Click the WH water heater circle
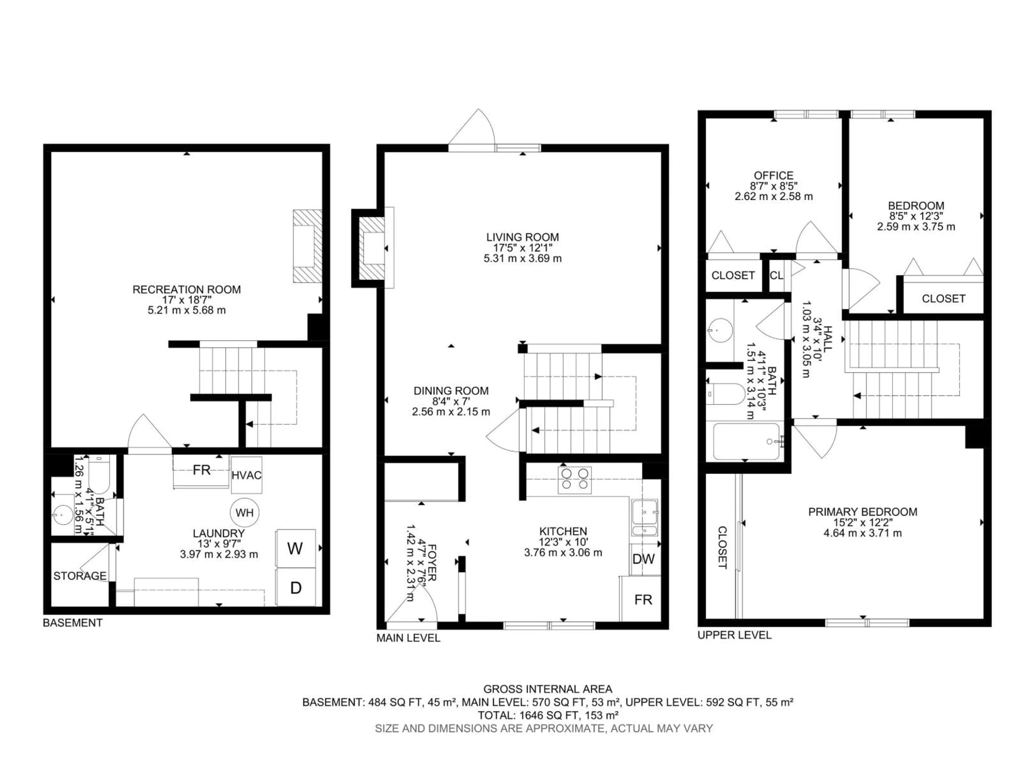pyautogui.click(x=245, y=513)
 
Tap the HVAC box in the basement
pyautogui.click(x=246, y=475)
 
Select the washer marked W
pyautogui.click(x=295, y=548)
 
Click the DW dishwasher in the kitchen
pyautogui.click(x=643, y=559)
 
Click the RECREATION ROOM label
pyautogui.click(x=186, y=289)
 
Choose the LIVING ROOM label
pyautogui.click(x=522, y=237)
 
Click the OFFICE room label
pyautogui.click(x=774, y=176)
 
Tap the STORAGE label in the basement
pyautogui.click(x=80, y=576)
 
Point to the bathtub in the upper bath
pyautogui.click(x=746, y=442)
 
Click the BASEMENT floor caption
pyautogui.click(x=73, y=623)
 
